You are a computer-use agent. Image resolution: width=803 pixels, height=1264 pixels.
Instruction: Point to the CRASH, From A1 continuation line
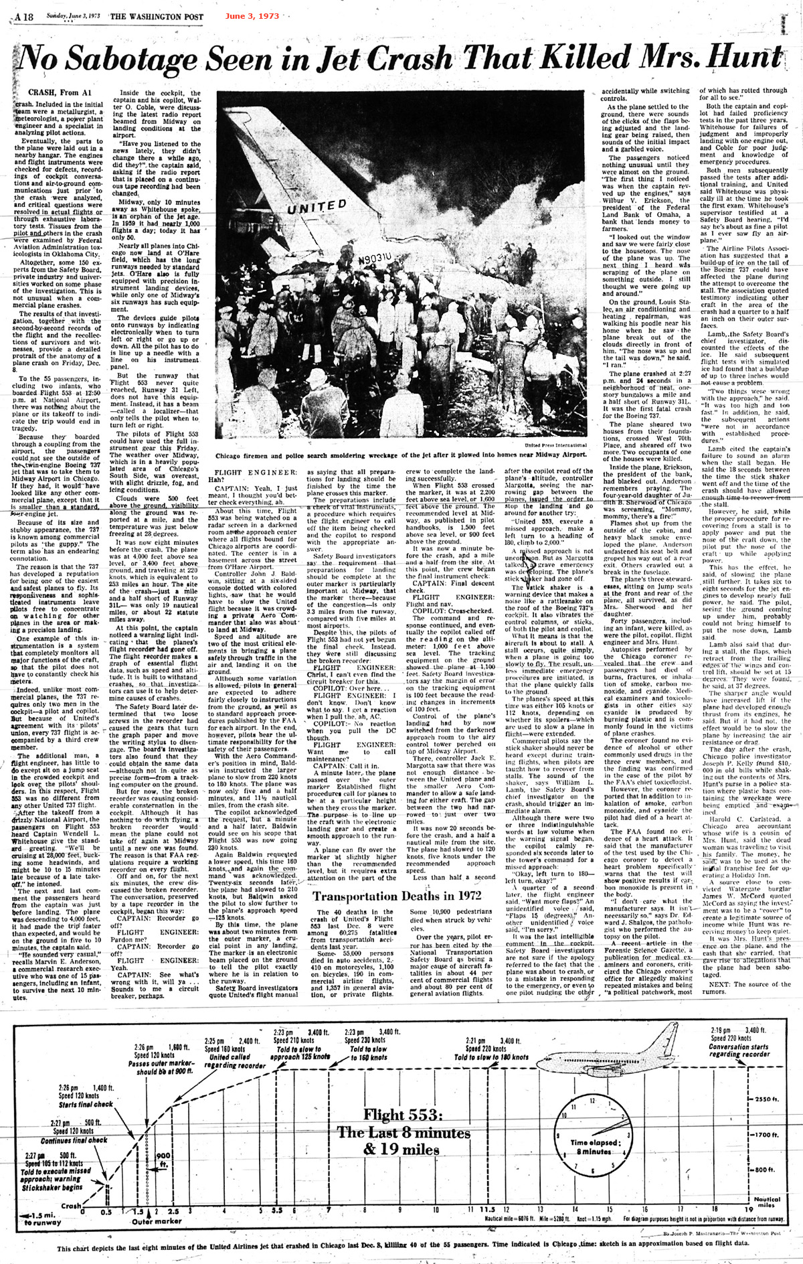click(54, 90)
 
